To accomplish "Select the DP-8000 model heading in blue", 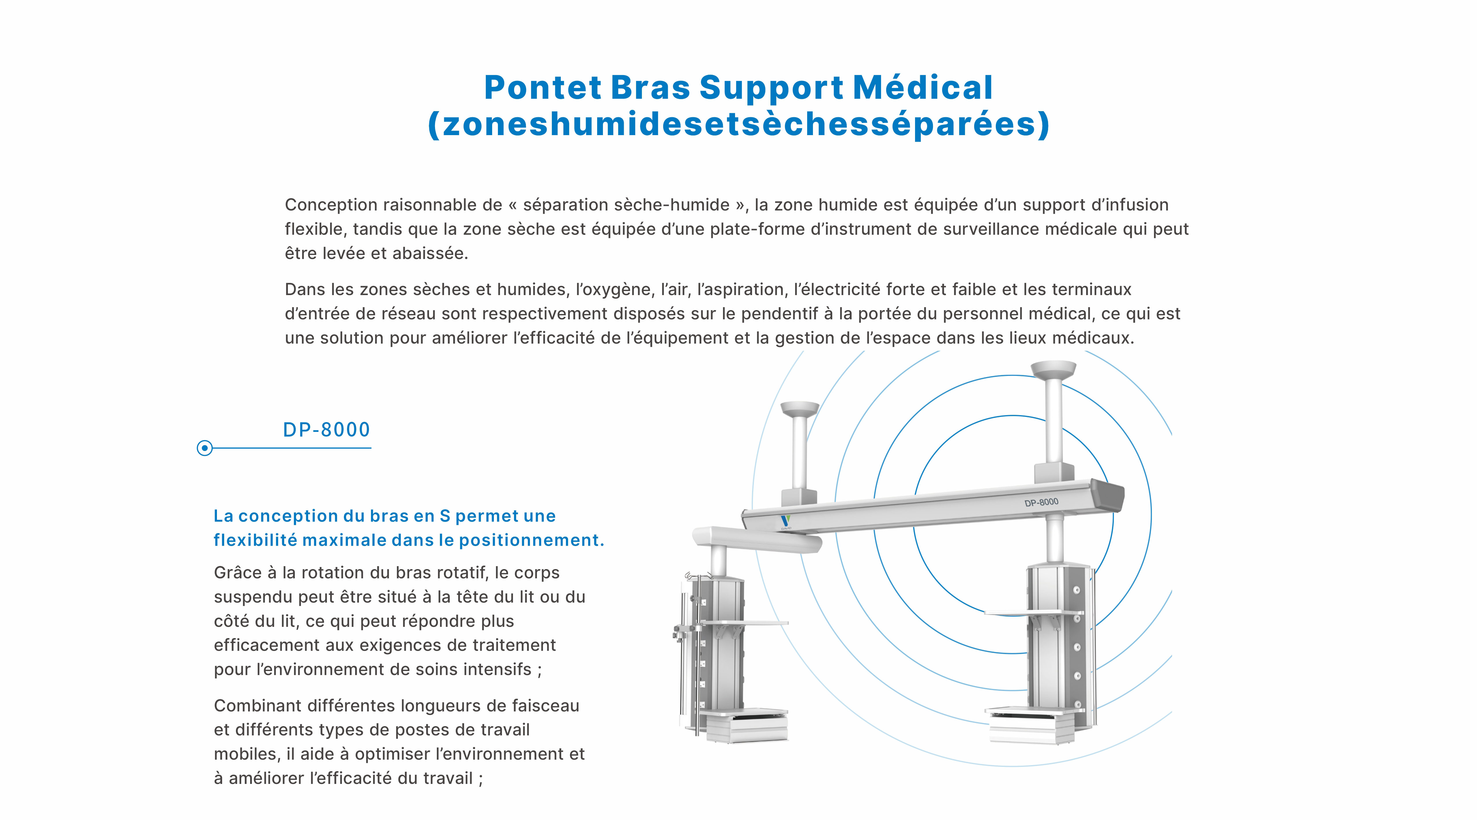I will pyautogui.click(x=326, y=430).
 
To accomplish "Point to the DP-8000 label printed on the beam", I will pyautogui.click(x=1041, y=502).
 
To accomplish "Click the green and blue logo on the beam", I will pyautogui.click(x=785, y=521).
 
